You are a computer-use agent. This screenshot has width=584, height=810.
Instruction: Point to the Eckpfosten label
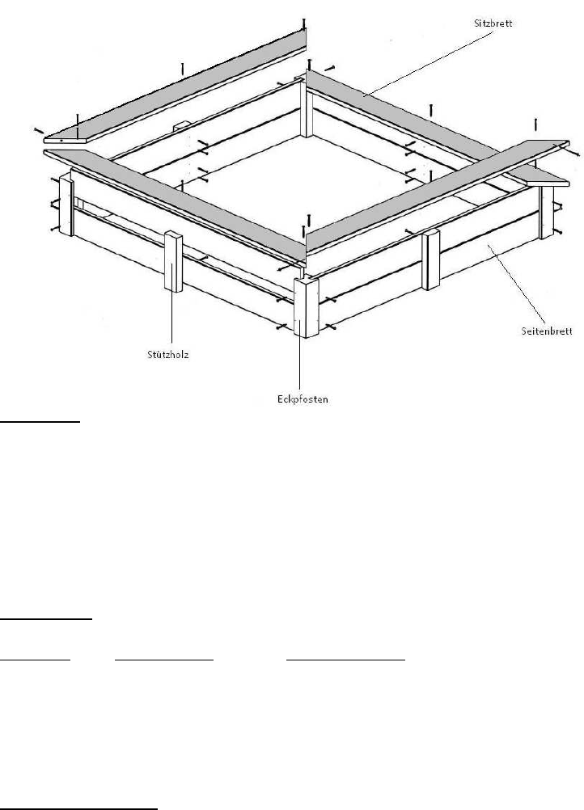click(299, 398)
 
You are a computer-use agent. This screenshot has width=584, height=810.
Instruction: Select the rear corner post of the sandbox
click(306, 109)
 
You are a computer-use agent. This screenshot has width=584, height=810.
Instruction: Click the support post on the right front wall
click(431, 259)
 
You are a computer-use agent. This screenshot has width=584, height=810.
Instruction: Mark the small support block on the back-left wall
click(180, 127)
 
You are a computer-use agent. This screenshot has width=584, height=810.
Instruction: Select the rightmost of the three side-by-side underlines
click(346, 660)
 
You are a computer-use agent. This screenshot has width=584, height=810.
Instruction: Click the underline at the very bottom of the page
click(79, 807)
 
